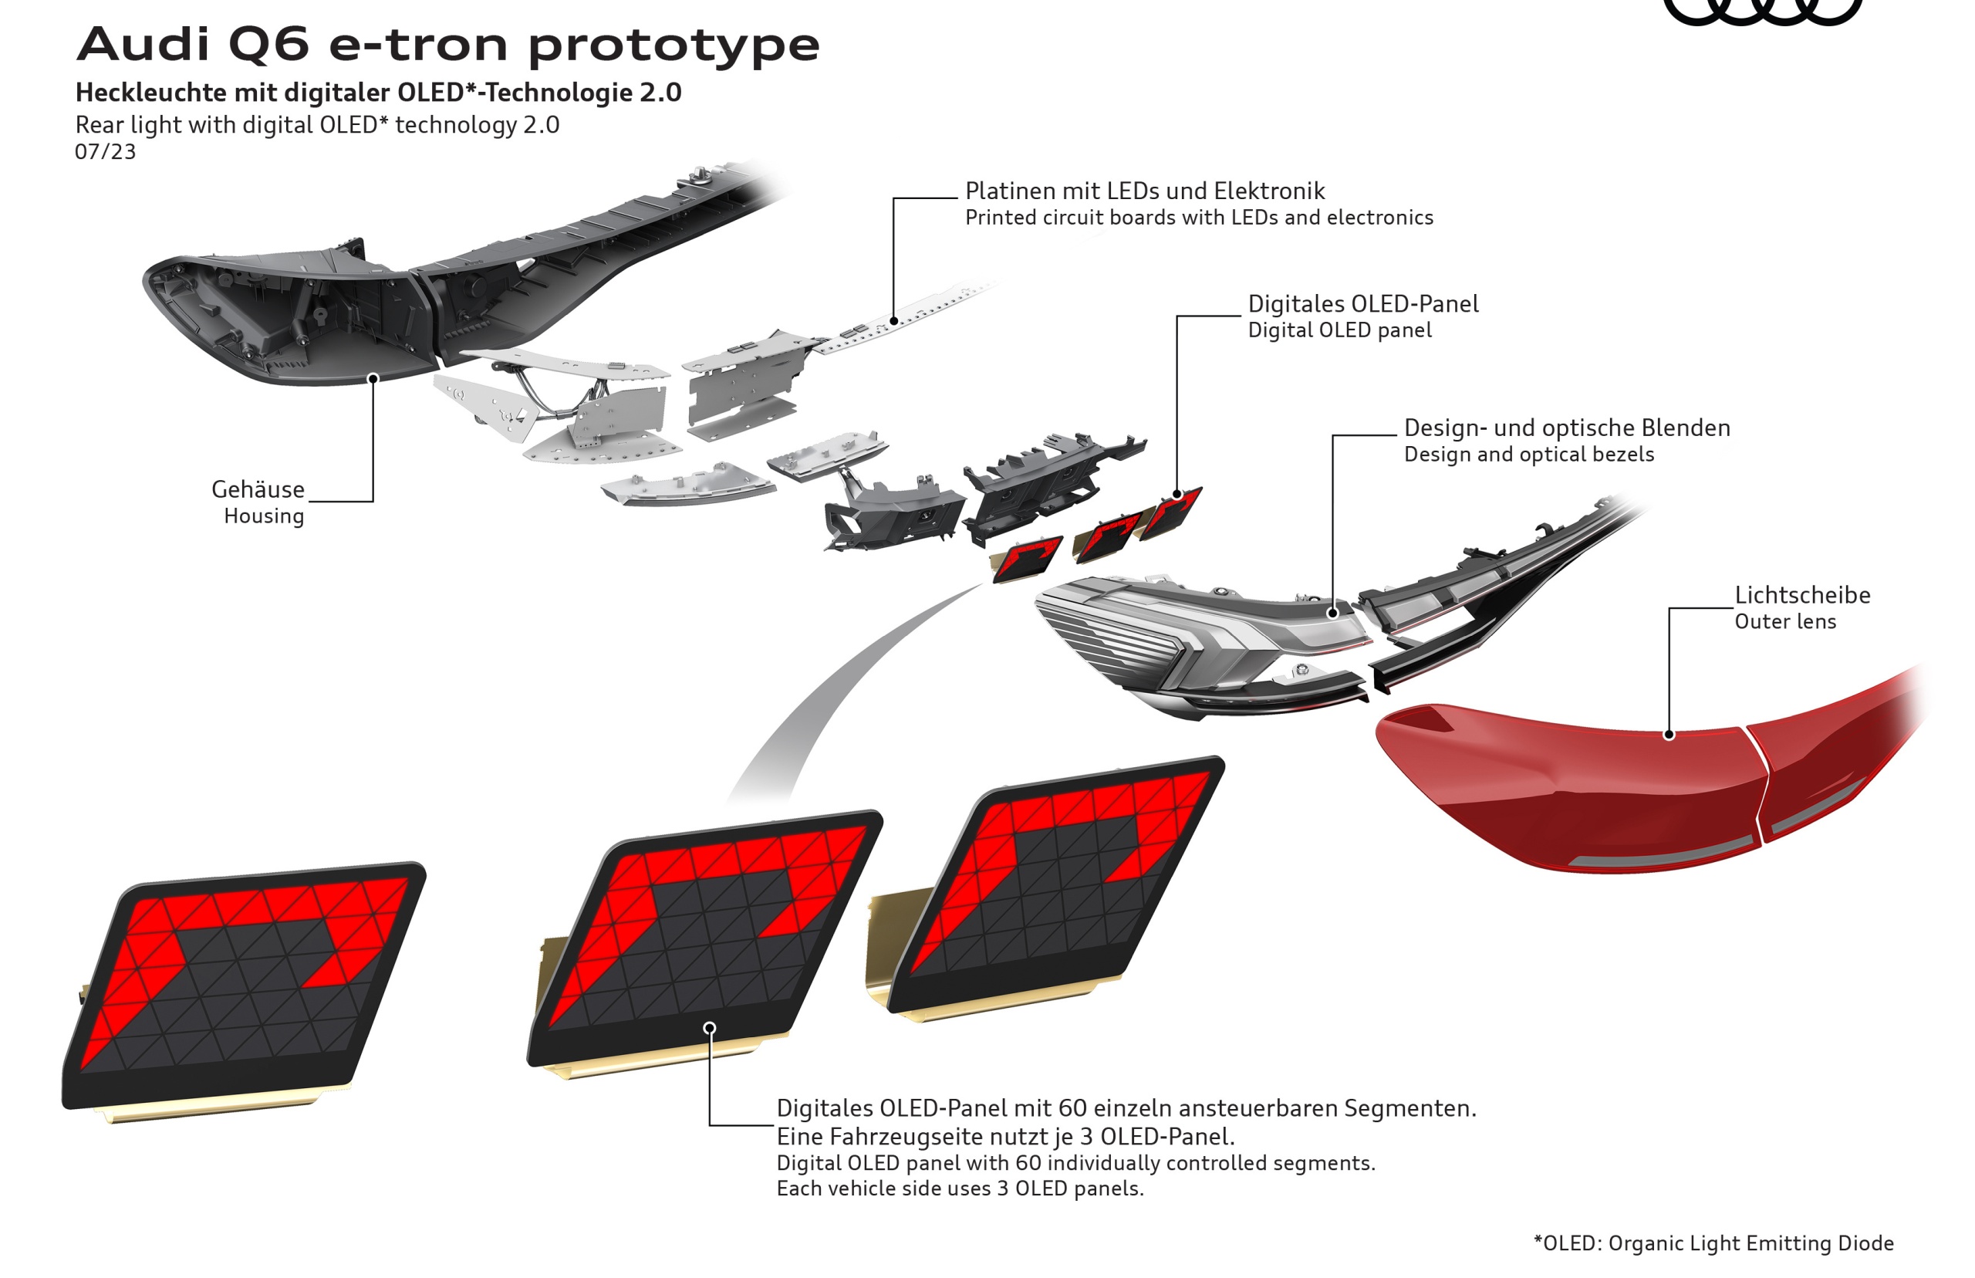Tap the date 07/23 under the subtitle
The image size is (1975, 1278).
[106, 152]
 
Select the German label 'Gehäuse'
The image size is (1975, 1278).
[258, 489]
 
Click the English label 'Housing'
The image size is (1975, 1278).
[264, 516]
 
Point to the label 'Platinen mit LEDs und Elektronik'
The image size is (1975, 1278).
[1145, 191]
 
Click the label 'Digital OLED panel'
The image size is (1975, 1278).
[1339, 330]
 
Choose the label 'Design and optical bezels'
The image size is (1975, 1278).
[1529, 455]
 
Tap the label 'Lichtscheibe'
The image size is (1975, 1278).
[1802, 595]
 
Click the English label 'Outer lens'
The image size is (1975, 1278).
[1785, 621]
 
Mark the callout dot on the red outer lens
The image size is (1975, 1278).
[1669, 735]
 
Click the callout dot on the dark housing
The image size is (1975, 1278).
[373, 378]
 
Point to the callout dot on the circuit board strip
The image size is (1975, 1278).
[893, 320]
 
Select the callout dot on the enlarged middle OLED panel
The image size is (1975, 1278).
[709, 1028]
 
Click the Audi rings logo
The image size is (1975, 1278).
[1763, 10]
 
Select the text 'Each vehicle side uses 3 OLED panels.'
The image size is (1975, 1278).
[960, 1188]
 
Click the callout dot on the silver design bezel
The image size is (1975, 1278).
[1332, 614]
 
